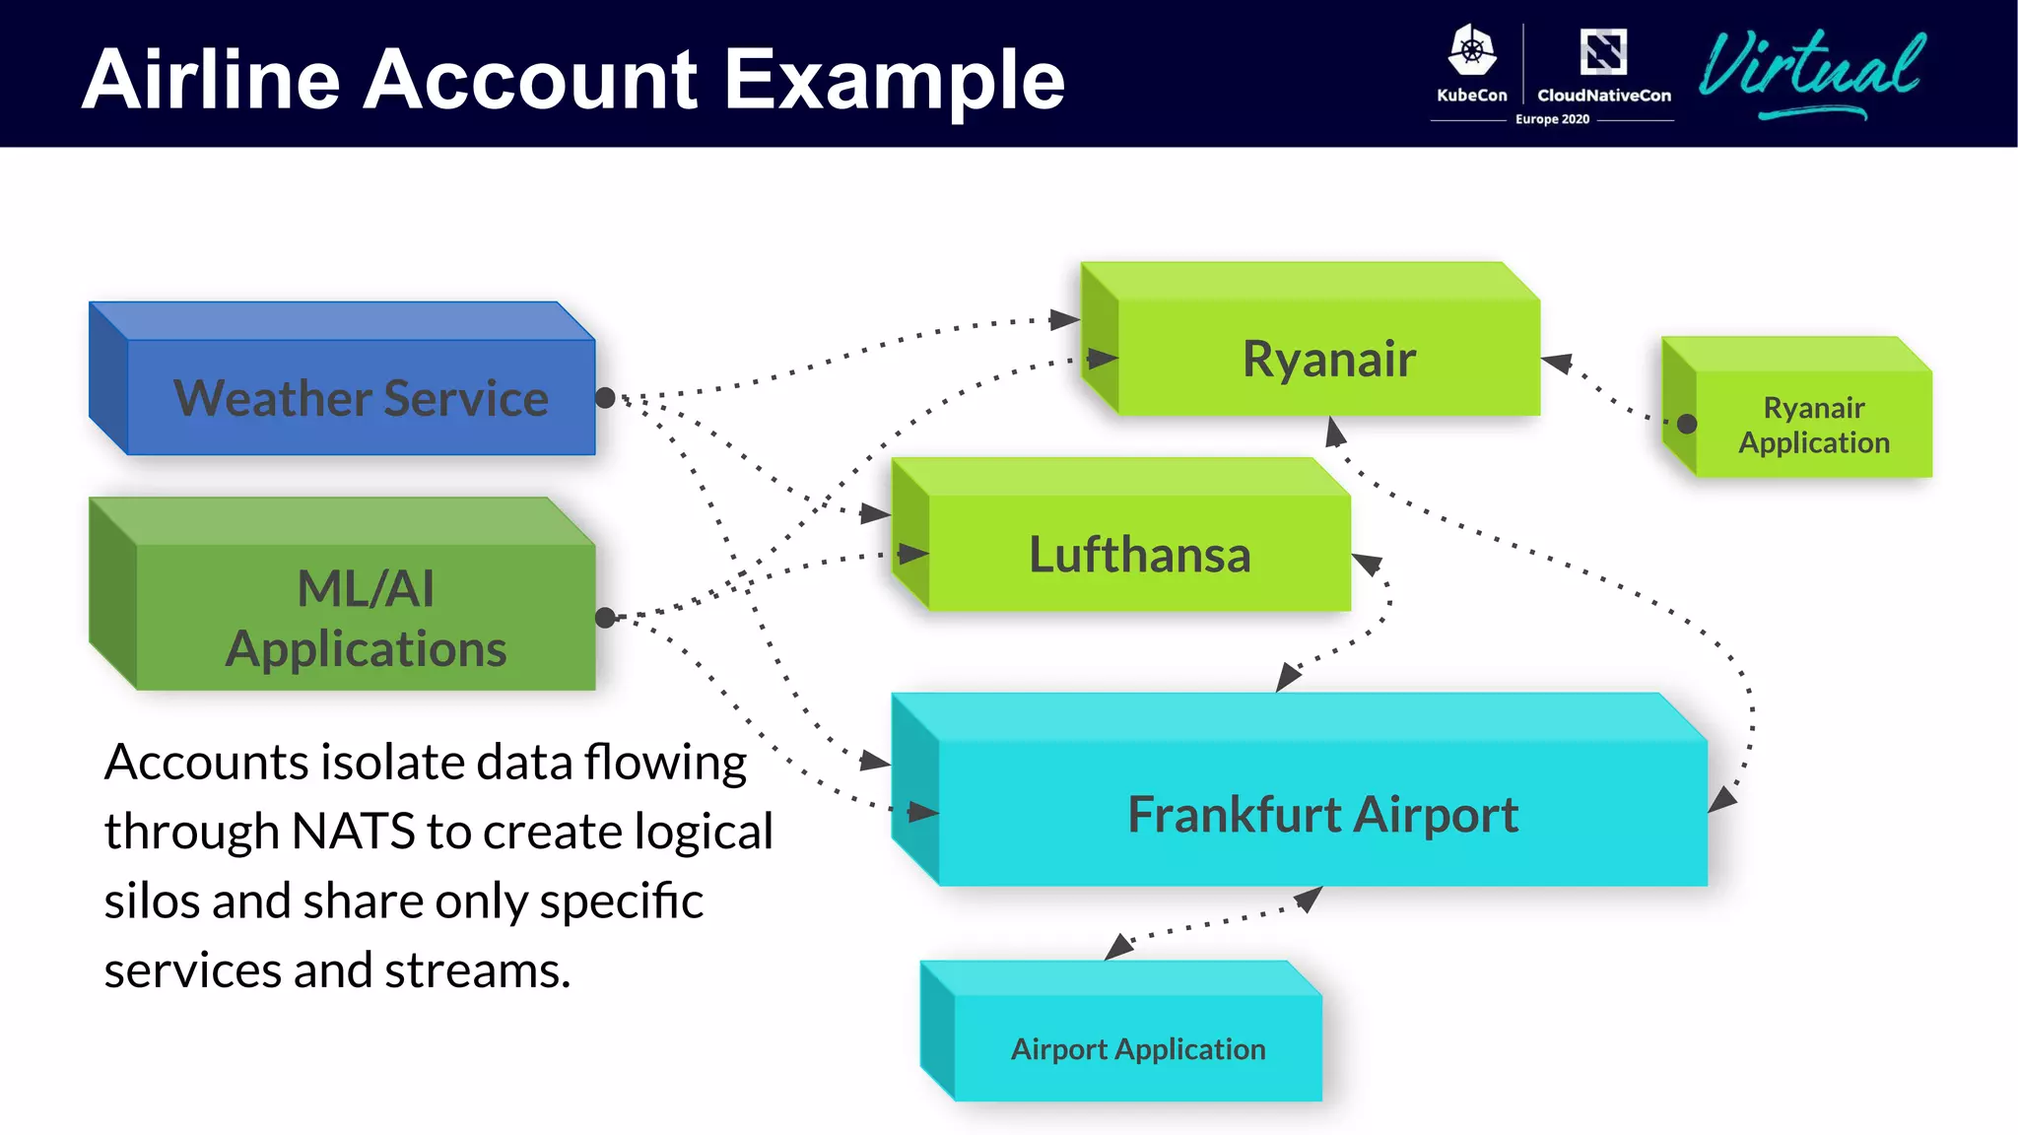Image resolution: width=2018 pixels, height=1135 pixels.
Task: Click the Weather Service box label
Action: [x=361, y=398]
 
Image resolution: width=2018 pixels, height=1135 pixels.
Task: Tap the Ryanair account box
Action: [x=1328, y=358]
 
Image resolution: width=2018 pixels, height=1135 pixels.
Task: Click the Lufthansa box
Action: [x=1139, y=554]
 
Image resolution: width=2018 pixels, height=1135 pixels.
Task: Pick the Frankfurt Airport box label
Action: [x=1322, y=814]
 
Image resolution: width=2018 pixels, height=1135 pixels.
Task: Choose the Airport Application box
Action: [x=1138, y=1048]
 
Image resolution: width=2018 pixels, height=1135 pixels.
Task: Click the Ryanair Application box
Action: [x=1813, y=425]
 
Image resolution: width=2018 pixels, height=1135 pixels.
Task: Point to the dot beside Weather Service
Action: [x=605, y=398]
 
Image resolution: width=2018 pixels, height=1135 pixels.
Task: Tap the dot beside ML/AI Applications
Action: [x=605, y=618]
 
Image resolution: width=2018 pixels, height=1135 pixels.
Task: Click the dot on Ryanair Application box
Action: [x=1687, y=424]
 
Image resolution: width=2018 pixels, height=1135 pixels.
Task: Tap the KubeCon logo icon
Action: [x=1471, y=50]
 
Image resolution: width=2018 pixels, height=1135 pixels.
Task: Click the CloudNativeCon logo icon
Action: [x=1603, y=52]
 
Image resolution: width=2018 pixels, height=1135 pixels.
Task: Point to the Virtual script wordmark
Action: [x=1811, y=69]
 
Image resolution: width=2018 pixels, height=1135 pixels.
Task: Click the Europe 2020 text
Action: [x=1552, y=119]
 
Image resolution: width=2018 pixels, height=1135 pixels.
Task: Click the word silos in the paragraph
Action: [x=151, y=901]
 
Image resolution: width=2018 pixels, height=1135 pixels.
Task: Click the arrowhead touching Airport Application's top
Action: [x=1117, y=948]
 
